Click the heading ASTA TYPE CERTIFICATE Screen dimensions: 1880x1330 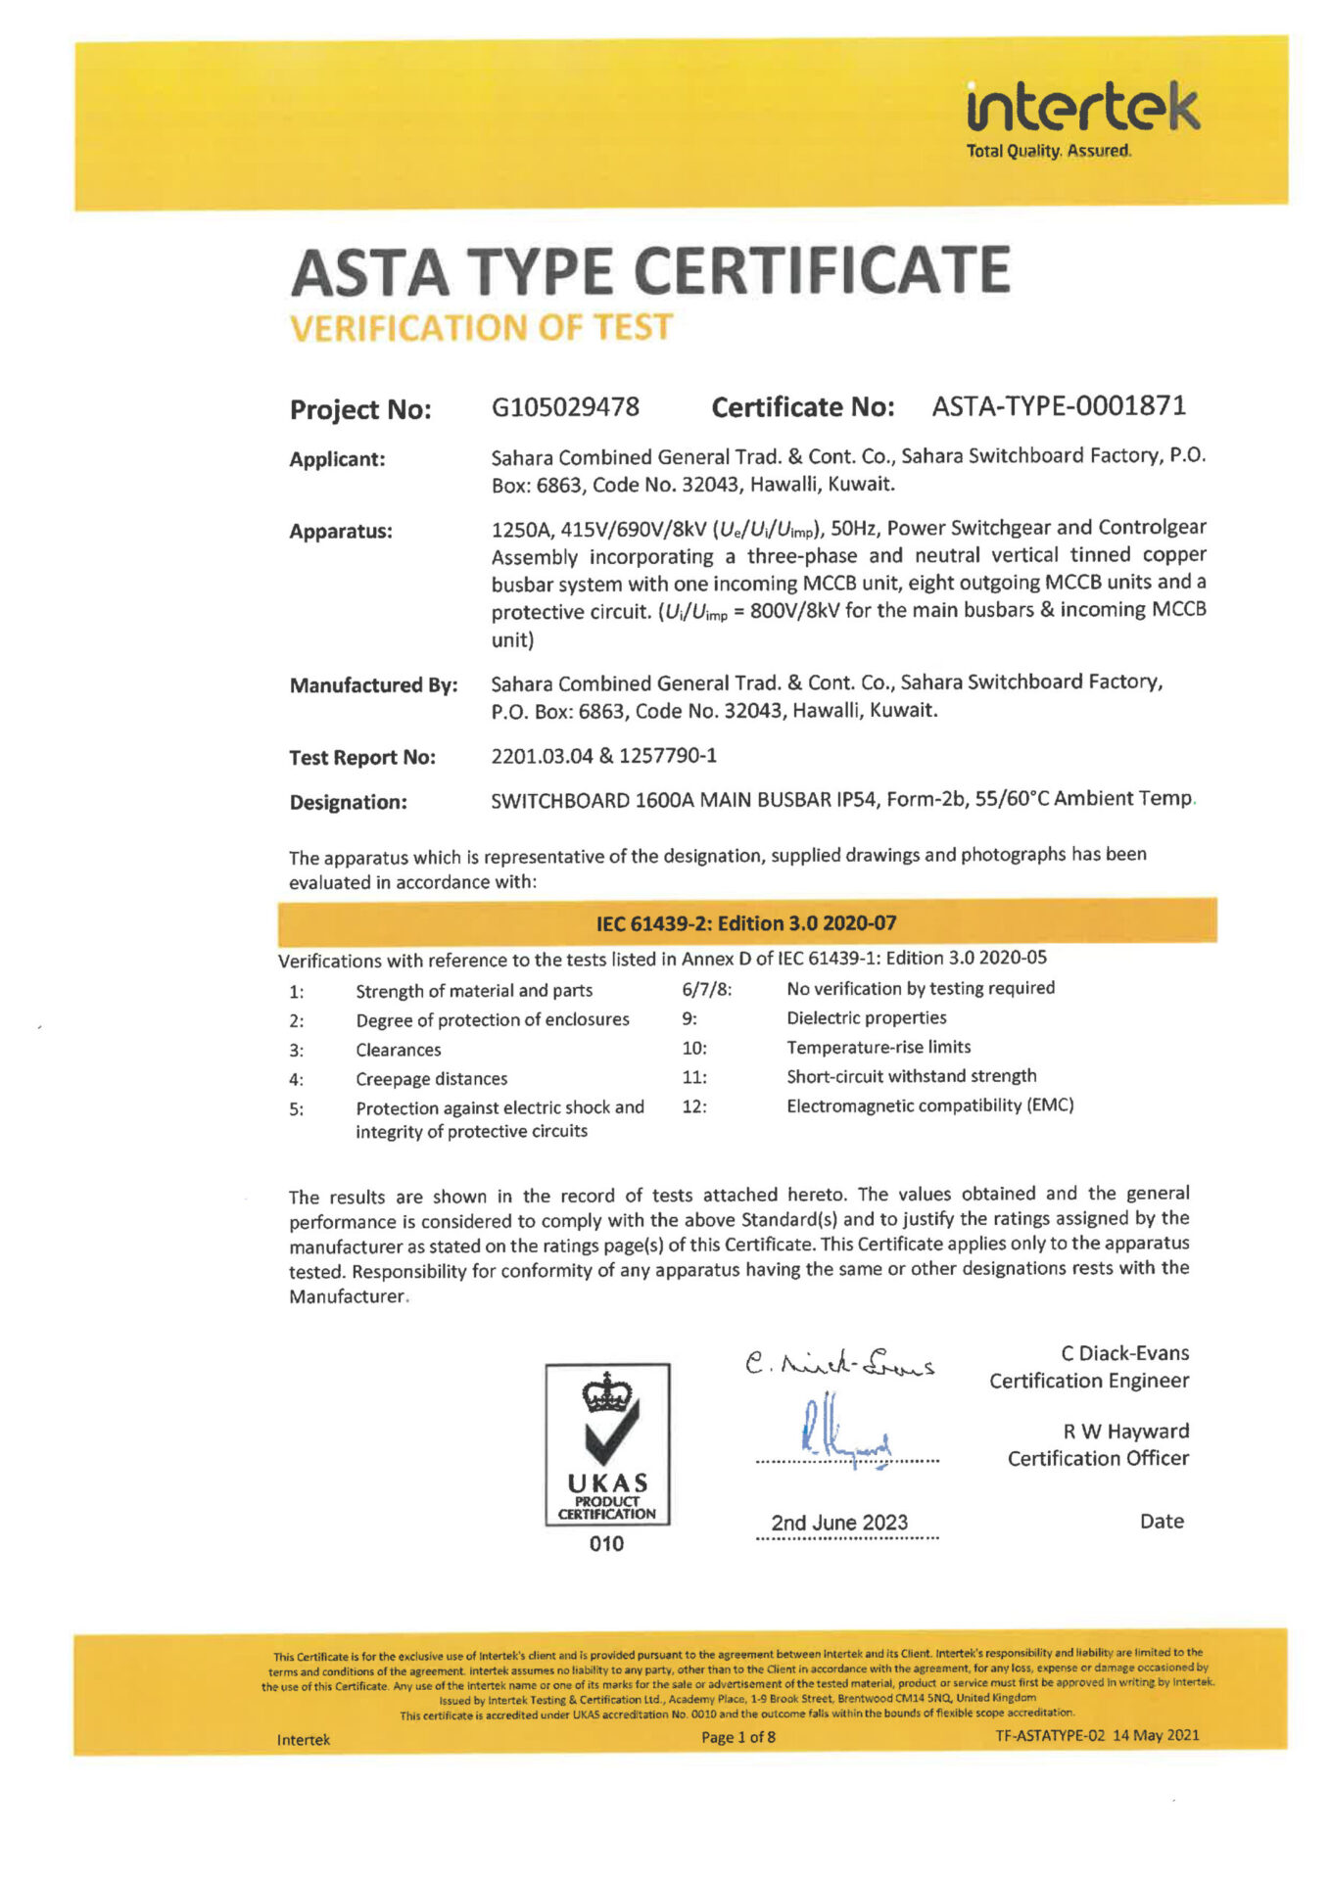650,271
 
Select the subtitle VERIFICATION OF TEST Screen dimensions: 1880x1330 481,327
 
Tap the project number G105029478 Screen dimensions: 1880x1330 565,407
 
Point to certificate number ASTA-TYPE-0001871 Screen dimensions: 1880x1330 1059,405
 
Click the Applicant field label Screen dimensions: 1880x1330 337,459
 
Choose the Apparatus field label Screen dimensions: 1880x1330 340,532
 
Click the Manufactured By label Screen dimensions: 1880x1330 373,685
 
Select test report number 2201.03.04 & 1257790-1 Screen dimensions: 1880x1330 603,756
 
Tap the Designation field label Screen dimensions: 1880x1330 348,802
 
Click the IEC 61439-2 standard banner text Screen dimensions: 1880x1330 746,922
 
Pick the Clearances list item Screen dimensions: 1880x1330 398,1050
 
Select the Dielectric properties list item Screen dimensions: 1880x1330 866,1018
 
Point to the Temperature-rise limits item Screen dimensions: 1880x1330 879,1047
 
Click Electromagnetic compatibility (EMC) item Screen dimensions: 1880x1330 929,1105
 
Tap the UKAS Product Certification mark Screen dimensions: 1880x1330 607,1445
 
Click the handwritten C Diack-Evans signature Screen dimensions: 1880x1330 839,1363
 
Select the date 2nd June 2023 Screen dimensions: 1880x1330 839,1523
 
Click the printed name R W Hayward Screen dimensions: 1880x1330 1125,1432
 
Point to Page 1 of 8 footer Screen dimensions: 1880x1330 737,1737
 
